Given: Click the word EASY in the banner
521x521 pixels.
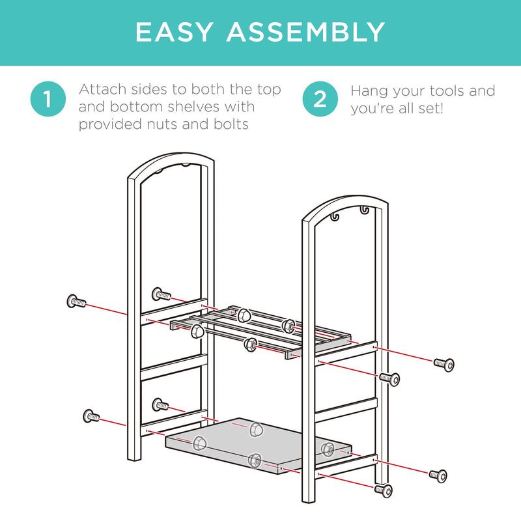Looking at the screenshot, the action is (174, 32).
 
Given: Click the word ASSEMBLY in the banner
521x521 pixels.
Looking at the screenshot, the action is (305, 32).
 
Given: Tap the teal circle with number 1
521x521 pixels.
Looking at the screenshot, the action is (48, 99).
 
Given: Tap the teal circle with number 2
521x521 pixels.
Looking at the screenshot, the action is (320, 99).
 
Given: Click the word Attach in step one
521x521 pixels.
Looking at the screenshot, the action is (102, 89).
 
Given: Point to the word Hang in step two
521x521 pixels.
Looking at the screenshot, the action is (369, 92).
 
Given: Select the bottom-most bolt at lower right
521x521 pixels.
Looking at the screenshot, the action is (384, 490).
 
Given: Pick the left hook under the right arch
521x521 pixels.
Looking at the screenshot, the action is (335, 216).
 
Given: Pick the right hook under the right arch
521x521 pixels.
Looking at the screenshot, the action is (365, 210).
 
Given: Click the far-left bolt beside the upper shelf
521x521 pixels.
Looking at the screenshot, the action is (76, 302).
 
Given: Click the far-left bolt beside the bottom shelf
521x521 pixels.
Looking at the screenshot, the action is (91, 415).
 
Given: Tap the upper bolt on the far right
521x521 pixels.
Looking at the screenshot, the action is (444, 365).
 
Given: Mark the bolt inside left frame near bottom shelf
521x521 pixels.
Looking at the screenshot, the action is (160, 404).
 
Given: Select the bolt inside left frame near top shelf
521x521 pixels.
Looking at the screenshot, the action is (162, 294).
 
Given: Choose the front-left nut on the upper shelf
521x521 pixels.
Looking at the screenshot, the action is (197, 331).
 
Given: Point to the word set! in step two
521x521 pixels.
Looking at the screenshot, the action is (431, 109).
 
